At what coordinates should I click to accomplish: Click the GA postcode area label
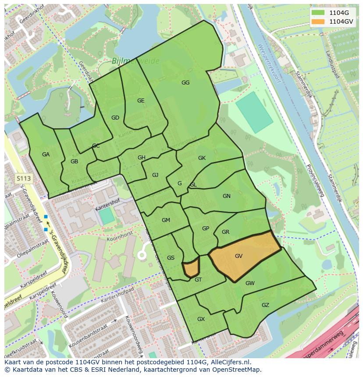tap(46, 155)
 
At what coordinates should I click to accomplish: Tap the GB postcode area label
tap(74, 162)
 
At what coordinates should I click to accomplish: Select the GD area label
tap(115, 118)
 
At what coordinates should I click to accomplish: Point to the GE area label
tap(141, 101)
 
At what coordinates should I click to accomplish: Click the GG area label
tap(185, 83)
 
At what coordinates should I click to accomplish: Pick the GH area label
tap(142, 158)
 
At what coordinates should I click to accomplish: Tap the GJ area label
tap(155, 175)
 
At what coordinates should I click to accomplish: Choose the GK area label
tap(202, 158)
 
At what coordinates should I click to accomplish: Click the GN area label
tap(226, 196)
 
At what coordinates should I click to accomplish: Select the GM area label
tap(166, 220)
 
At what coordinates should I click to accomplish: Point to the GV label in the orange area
tap(238, 256)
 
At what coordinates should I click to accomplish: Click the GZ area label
tap(265, 305)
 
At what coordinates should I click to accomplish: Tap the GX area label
tap(201, 319)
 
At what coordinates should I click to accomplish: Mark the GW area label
tap(250, 283)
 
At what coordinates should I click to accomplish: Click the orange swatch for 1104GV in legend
tap(319, 21)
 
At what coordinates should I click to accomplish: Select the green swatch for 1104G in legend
tap(319, 12)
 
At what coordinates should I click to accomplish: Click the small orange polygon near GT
tap(191, 268)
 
